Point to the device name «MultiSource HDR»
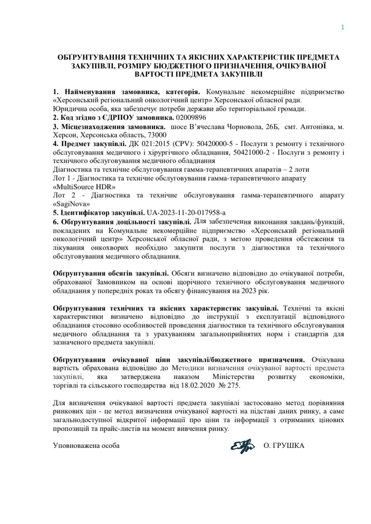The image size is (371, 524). coord(85,186)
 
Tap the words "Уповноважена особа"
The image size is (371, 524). coord(87,445)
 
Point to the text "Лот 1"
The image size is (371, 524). coord(63,178)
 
